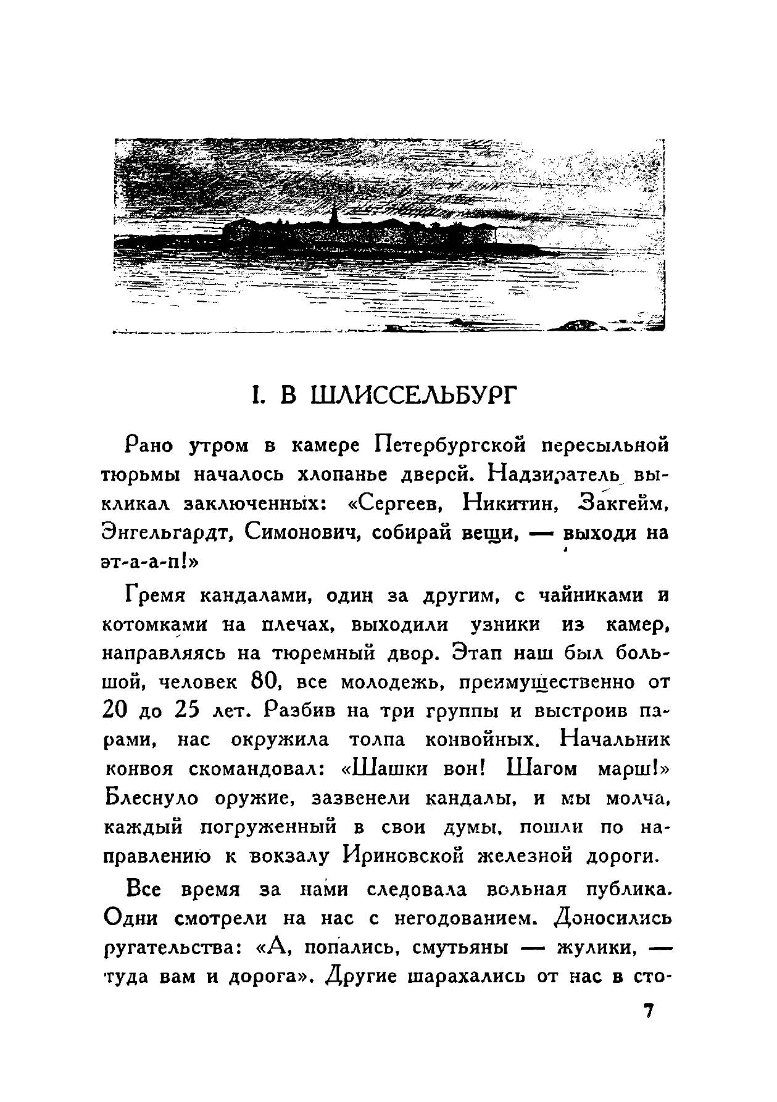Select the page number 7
click(648, 1013)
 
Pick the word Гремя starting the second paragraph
click(156, 595)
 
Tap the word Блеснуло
click(152, 798)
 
